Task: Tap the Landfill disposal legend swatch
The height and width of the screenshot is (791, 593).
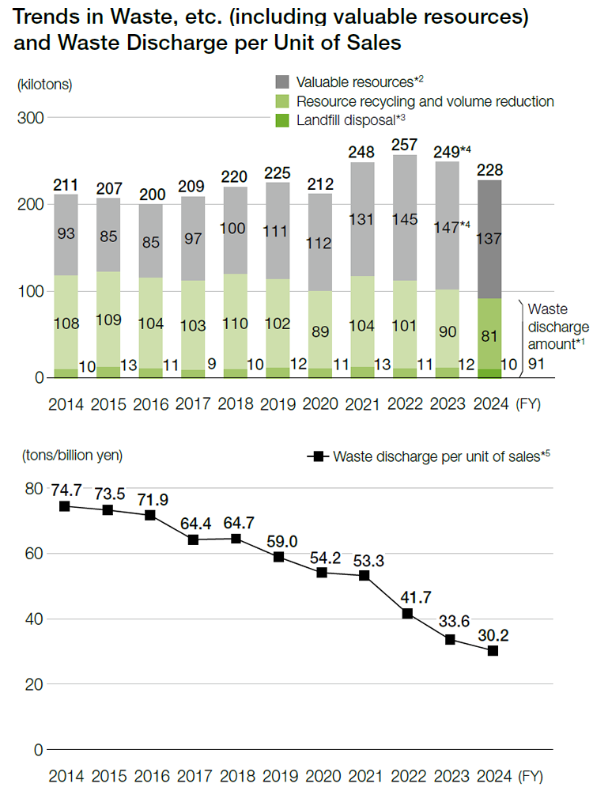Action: click(x=283, y=120)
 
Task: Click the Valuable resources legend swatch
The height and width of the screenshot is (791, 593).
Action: click(x=283, y=82)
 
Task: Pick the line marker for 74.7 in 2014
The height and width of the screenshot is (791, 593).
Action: click(x=65, y=506)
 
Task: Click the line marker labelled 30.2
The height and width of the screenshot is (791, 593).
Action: click(x=493, y=651)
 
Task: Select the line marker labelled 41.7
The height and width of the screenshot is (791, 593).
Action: click(x=407, y=614)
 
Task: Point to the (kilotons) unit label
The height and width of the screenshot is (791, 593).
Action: click(x=44, y=85)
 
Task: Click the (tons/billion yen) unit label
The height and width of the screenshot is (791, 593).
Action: click(x=73, y=455)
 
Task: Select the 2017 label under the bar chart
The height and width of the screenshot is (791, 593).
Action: click(x=193, y=403)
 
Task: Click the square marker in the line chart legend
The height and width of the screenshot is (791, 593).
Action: click(x=319, y=456)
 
